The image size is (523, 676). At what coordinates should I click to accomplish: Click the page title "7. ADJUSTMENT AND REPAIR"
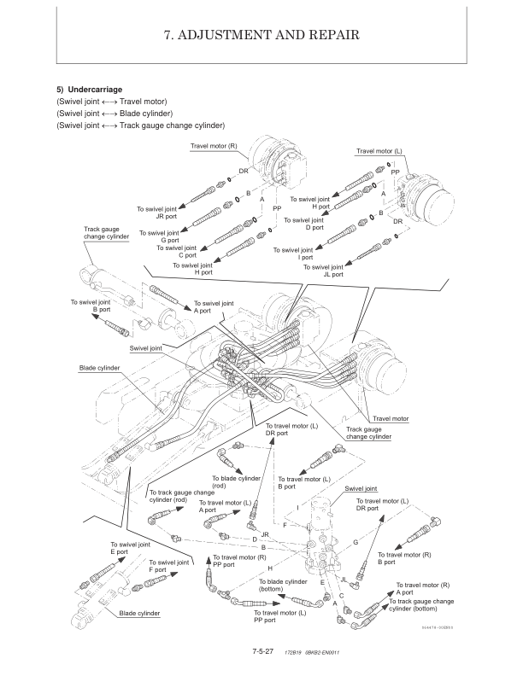(x=261, y=35)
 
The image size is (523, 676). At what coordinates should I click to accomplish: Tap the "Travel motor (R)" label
(x=214, y=147)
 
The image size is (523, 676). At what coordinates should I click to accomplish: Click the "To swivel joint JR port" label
(x=158, y=213)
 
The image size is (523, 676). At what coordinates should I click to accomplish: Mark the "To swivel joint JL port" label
(x=326, y=271)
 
